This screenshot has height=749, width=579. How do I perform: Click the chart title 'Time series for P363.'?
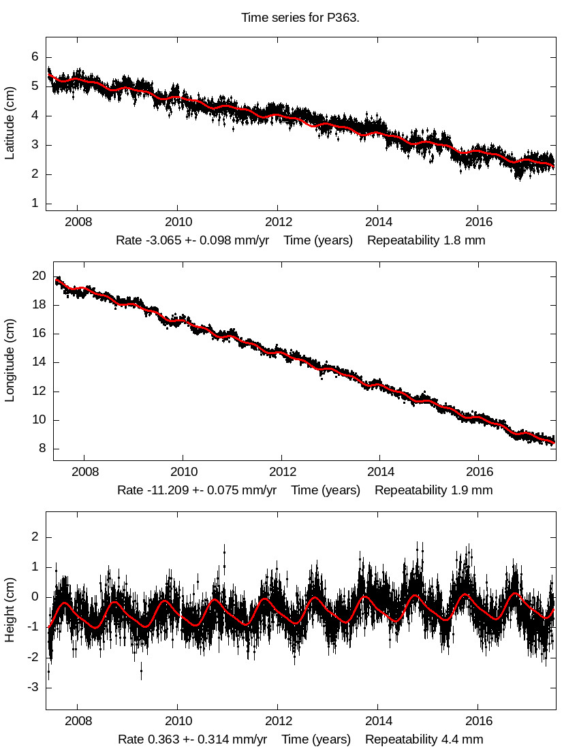[x=300, y=17]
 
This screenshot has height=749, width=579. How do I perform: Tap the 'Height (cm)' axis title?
[x=10, y=611]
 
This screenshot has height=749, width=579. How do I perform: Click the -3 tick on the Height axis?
[x=32, y=688]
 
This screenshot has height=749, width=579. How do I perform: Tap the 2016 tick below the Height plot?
[x=479, y=722]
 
